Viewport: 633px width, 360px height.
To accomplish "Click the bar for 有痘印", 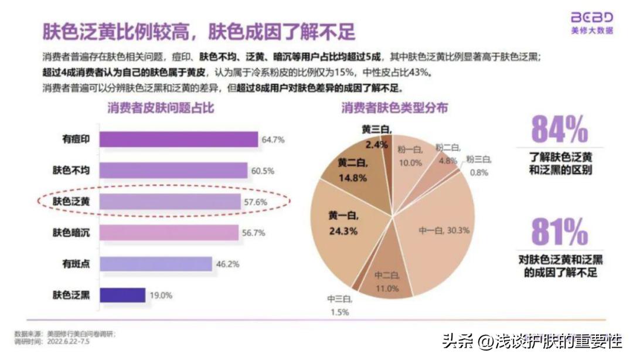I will [x=179, y=140].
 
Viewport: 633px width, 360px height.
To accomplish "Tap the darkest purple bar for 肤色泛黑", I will [x=122, y=295].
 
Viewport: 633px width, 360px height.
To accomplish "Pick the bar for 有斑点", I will [x=155, y=264].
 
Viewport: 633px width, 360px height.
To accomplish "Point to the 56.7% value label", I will [x=253, y=233].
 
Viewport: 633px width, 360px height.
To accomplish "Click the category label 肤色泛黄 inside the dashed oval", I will [x=71, y=202].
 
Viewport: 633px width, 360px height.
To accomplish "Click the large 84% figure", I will [x=559, y=130].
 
